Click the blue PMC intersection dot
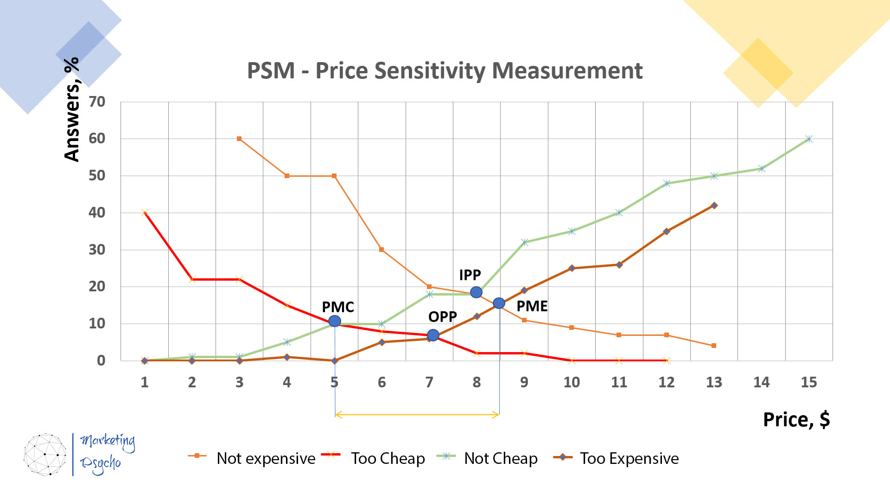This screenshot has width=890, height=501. click(334, 321)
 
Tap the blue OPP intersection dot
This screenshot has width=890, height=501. click(432, 335)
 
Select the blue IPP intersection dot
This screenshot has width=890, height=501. click(476, 292)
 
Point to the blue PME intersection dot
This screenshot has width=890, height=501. click(499, 303)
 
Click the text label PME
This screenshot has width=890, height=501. click(532, 306)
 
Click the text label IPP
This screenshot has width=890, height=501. click(470, 275)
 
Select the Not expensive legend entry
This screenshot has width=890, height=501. click(252, 458)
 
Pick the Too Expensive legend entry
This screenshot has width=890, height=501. click(617, 458)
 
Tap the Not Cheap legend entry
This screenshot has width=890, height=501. click(488, 458)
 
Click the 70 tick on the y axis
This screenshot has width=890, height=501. click(97, 102)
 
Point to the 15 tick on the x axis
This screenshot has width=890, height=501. click(808, 382)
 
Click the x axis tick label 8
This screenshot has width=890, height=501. click(477, 382)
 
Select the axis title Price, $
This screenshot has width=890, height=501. click(796, 419)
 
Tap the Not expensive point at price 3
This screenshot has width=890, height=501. click(239, 139)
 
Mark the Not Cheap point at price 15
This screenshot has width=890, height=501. click(809, 139)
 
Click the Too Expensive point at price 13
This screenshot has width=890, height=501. click(714, 206)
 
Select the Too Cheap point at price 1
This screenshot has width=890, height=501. click(145, 212)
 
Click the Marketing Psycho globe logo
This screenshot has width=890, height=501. click(45, 454)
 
